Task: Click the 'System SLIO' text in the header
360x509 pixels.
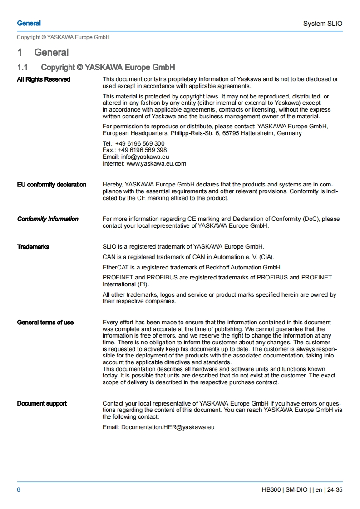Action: [323, 24]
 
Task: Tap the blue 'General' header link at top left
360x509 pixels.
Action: [29, 23]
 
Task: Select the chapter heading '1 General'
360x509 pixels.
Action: [43, 53]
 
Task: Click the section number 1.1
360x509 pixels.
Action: [23, 67]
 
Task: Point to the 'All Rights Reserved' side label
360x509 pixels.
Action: [44, 79]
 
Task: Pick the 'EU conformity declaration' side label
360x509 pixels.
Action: [52, 185]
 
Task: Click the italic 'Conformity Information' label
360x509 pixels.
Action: [48, 219]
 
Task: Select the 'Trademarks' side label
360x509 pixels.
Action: [33, 247]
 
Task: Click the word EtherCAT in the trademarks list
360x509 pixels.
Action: [115, 267]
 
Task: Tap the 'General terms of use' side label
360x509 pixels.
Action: [45, 323]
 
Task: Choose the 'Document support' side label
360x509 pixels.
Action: [42, 403]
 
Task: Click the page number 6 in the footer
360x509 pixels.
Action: [19, 489]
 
